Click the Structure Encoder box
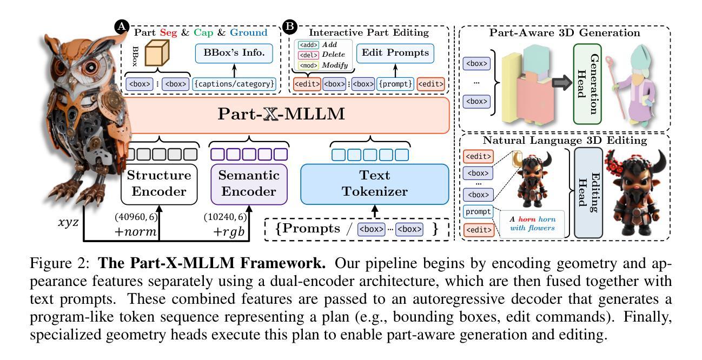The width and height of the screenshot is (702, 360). pyautogui.click(x=158, y=183)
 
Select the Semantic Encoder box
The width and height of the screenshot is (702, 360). pyautogui.click(x=248, y=183)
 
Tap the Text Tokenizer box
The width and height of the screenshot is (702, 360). pyautogui.click(x=374, y=183)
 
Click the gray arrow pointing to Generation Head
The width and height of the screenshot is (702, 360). pyautogui.click(x=552, y=82)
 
